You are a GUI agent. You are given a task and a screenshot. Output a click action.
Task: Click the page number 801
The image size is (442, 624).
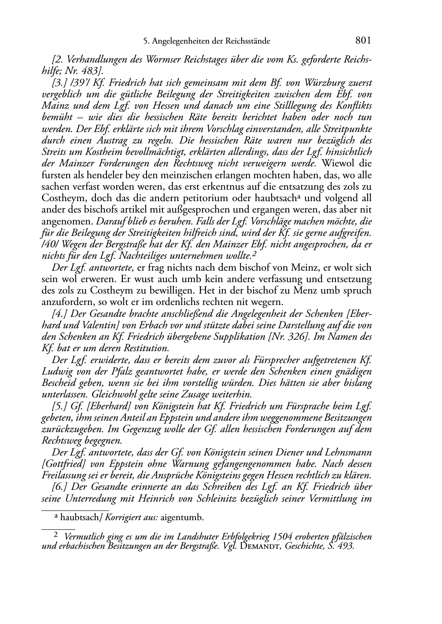coord(363,41)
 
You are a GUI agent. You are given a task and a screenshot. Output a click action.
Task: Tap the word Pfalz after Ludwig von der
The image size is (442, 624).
coord(110,371)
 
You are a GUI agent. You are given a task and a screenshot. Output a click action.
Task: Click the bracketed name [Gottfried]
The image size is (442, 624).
coord(62,464)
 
